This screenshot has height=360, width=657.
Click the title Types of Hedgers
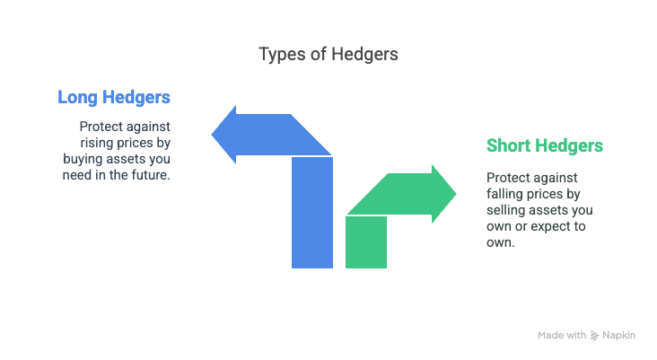(328, 54)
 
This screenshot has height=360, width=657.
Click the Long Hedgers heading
(114, 97)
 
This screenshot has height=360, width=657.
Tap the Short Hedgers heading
(544, 145)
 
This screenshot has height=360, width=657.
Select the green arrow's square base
(366, 241)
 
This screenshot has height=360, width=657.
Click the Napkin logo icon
(594, 336)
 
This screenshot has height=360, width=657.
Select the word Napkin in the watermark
(620, 336)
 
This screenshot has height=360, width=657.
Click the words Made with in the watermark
(562, 336)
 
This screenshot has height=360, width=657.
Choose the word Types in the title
(277, 54)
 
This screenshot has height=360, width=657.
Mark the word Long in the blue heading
(78, 97)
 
